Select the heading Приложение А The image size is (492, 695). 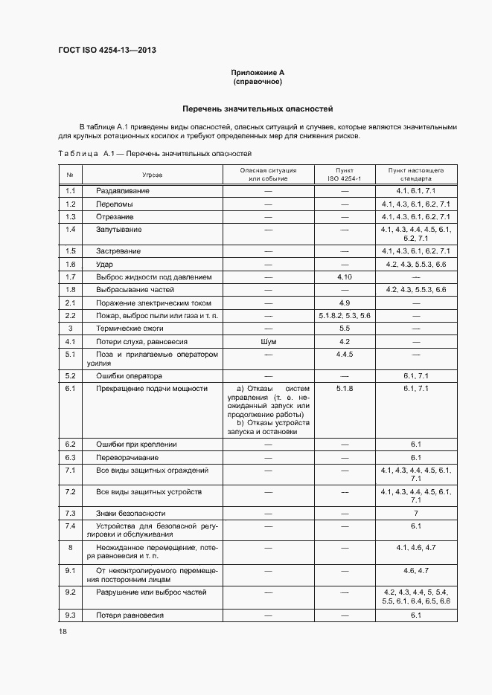258,73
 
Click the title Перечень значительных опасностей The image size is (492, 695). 258,109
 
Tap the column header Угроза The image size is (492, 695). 153,175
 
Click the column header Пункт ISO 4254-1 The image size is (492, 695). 344,175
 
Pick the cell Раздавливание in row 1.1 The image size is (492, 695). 123,191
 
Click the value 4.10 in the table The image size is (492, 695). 344,277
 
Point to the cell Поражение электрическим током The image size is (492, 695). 153,303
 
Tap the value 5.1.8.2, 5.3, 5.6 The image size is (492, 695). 344,315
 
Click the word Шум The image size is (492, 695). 268,341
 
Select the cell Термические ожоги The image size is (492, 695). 130,328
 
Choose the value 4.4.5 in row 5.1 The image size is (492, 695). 344,355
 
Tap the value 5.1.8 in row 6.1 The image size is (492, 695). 344,389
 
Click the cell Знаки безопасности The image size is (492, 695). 130,514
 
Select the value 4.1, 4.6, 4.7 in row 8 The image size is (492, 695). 416,548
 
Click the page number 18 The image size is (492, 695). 63,631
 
